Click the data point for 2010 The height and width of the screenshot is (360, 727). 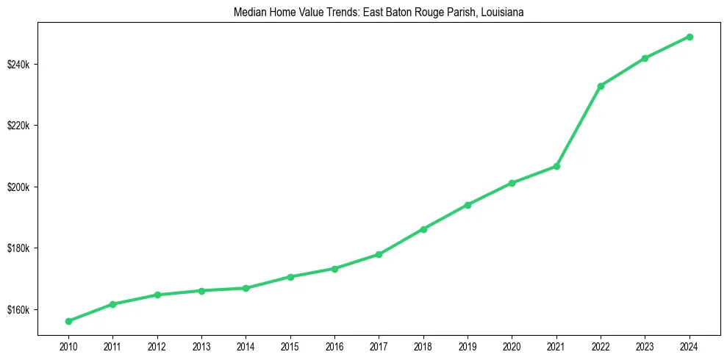coord(68,321)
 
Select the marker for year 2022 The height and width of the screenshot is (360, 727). coord(601,86)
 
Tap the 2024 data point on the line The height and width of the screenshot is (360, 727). coord(690,37)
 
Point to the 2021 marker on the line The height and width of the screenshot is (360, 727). coord(556,166)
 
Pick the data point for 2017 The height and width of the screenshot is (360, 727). coord(379,254)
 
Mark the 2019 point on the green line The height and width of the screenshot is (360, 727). coord(468,205)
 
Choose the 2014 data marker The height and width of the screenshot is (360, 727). coord(246,288)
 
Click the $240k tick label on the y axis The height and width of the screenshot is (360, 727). coord(18,65)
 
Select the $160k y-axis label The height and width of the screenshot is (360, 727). coord(18,309)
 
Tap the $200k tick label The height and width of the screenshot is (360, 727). coord(18,187)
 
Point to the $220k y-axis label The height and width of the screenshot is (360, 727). coord(18,126)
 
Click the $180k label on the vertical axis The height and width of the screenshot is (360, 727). coord(18,248)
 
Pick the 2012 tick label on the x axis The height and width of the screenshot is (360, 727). coord(157,346)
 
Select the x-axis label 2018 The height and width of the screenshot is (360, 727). coord(423,346)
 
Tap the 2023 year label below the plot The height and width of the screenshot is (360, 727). coord(645,346)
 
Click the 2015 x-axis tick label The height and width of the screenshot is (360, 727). coord(290,346)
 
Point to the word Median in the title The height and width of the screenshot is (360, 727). coord(248,12)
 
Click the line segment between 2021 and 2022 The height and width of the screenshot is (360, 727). coord(579,126)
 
